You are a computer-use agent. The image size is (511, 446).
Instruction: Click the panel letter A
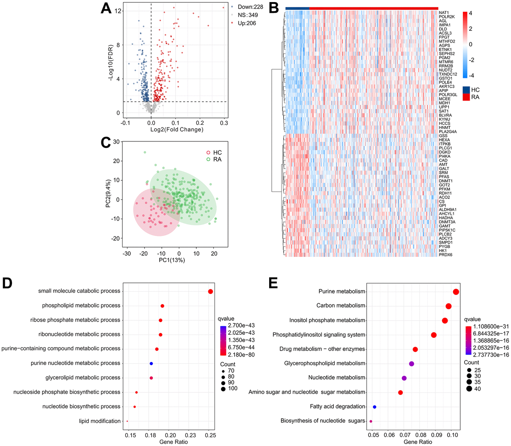click(x=106, y=9)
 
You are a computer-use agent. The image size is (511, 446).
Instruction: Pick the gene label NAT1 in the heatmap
click(x=444, y=13)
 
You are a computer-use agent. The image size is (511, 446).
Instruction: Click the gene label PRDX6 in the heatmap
click(x=445, y=255)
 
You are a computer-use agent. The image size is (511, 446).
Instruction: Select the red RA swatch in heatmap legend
click(x=466, y=97)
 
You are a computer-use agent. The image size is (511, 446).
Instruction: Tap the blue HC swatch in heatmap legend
click(x=466, y=89)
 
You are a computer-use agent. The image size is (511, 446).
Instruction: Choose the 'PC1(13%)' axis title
click(x=172, y=260)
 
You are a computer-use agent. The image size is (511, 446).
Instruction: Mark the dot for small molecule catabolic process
click(x=210, y=291)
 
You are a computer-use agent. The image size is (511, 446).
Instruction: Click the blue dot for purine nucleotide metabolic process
click(x=151, y=363)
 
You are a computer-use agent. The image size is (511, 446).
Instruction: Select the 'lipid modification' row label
click(x=100, y=421)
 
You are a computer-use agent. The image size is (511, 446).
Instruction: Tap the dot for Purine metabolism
click(x=456, y=292)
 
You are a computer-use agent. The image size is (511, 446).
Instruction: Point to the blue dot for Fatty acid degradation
click(x=374, y=407)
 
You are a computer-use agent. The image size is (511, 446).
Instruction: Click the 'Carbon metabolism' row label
click(x=341, y=305)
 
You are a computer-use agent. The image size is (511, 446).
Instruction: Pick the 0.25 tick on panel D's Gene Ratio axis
click(x=210, y=435)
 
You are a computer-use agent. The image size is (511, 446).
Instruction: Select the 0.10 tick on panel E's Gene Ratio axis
click(x=452, y=435)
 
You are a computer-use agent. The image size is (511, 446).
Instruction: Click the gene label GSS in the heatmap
click(x=443, y=136)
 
